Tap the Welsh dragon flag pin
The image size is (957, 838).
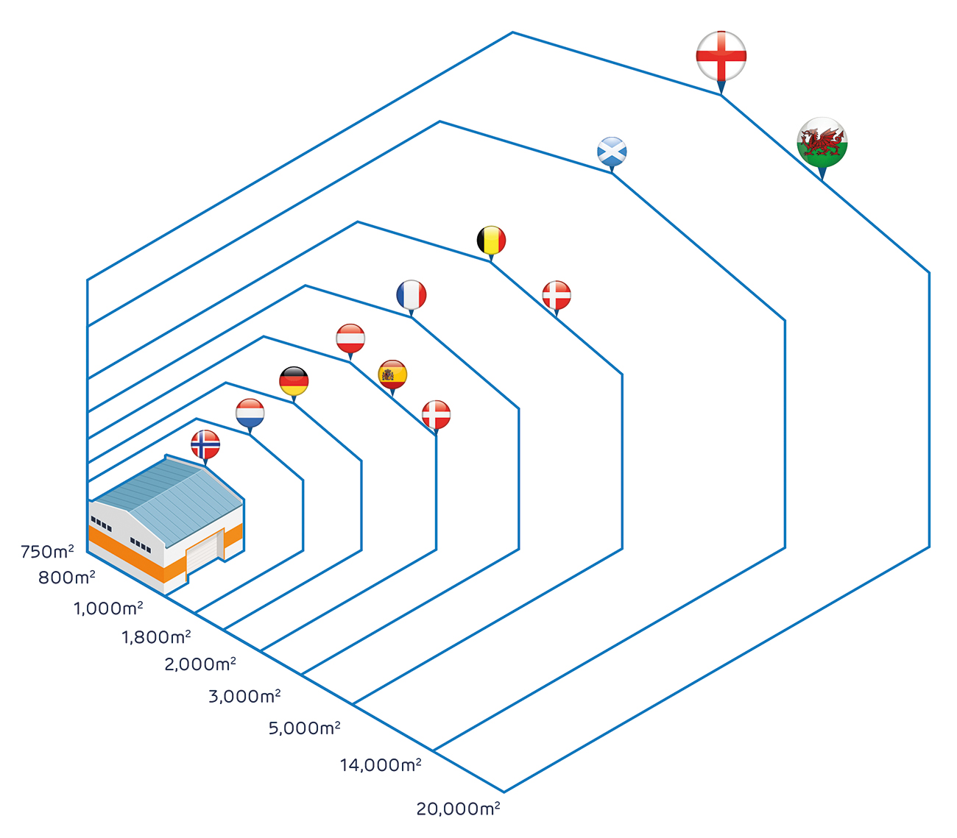pos(822,147)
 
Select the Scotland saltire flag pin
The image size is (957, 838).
pos(612,155)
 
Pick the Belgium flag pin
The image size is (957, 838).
pos(491,243)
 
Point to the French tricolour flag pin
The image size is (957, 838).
pos(411,297)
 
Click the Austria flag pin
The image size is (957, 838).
pos(350,341)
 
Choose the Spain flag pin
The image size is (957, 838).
pos(392,377)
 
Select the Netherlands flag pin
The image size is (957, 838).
pos(250,416)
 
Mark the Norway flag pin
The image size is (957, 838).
pos(205,447)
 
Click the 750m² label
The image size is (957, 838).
pos(47,551)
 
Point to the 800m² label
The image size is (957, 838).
pos(66,577)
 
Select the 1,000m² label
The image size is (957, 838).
pos(108,608)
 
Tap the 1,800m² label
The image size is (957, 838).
pos(156,637)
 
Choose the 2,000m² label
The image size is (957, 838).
pos(200,664)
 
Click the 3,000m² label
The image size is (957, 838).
pos(244,695)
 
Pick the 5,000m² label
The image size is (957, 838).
pos(305,728)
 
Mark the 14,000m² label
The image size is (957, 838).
pos(381,764)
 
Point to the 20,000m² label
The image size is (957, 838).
pos(458,809)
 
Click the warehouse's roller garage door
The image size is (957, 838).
pos(205,553)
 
